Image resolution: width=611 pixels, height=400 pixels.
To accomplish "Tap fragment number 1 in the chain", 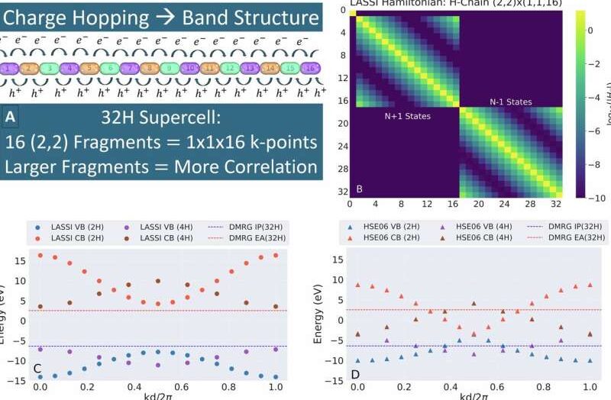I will pos(9,68).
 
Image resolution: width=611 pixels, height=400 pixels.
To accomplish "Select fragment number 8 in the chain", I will pos(147,68).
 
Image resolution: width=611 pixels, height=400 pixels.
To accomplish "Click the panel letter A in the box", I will pos(10,118).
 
